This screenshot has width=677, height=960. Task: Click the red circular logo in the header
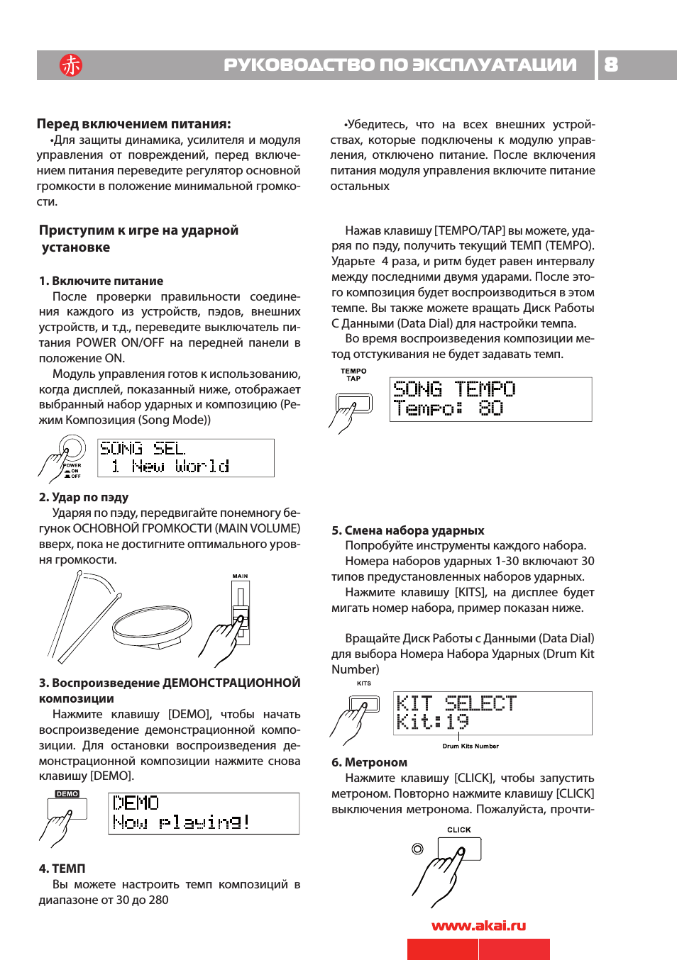(x=71, y=65)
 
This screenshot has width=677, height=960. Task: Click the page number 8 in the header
(x=611, y=65)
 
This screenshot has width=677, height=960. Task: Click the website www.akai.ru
(x=478, y=925)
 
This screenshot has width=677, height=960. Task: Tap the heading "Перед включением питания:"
(x=133, y=124)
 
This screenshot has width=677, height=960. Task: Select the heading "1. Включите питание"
(x=101, y=281)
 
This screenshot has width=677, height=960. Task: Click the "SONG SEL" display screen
(x=185, y=457)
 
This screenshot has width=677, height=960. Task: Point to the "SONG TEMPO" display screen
(x=490, y=399)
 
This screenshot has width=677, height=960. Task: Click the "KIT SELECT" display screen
(x=492, y=713)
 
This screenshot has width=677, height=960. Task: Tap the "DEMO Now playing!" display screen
(x=203, y=813)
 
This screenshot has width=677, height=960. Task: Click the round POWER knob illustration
(x=72, y=449)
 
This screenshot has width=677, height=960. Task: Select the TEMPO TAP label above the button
(x=353, y=374)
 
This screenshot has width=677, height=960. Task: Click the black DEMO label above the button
(x=67, y=794)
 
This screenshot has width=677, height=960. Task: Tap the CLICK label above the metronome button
(x=459, y=830)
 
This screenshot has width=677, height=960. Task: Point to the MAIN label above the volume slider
(x=241, y=576)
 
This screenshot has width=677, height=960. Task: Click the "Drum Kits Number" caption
(x=470, y=746)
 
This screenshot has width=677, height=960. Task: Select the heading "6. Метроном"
(x=369, y=762)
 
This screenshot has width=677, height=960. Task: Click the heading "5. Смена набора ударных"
(x=407, y=530)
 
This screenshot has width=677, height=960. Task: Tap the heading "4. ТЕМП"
(x=62, y=869)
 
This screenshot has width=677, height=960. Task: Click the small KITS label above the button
(x=364, y=683)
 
